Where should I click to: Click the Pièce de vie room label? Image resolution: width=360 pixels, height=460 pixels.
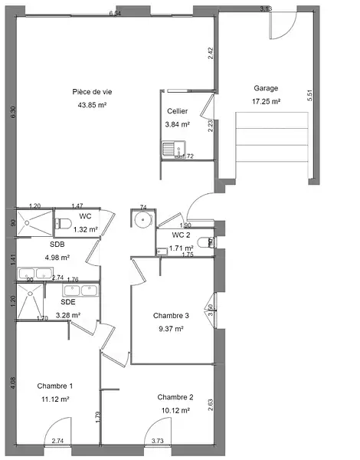click(x=92, y=92)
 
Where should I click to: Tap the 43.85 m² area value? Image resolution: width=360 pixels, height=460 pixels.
click(x=92, y=105)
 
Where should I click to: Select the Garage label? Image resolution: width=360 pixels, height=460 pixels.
click(x=266, y=88)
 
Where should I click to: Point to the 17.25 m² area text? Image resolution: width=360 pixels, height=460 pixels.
click(x=266, y=101)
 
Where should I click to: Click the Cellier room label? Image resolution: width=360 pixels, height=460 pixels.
click(x=178, y=111)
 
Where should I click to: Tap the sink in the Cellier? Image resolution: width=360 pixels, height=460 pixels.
click(x=174, y=148)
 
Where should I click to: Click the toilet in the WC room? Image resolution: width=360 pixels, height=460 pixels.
click(x=63, y=224)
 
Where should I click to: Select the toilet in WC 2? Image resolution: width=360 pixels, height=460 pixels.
click(x=206, y=242)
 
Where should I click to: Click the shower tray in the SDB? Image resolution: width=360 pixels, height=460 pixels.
click(x=34, y=223)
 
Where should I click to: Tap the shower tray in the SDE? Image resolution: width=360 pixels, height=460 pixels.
click(x=30, y=301)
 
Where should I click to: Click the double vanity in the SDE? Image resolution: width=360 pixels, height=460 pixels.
click(x=80, y=291)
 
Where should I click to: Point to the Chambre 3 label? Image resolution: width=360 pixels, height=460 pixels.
click(x=171, y=316)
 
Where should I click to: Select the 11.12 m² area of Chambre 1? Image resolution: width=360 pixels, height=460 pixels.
click(x=55, y=399)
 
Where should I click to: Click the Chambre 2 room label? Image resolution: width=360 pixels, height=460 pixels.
click(x=175, y=397)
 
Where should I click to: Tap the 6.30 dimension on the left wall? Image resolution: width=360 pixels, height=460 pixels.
click(x=13, y=113)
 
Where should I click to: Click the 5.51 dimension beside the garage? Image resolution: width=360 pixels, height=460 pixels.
click(x=310, y=95)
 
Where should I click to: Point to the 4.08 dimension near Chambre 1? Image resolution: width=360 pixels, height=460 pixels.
click(x=13, y=383)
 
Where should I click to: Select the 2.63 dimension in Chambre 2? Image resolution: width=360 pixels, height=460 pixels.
click(x=210, y=405)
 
